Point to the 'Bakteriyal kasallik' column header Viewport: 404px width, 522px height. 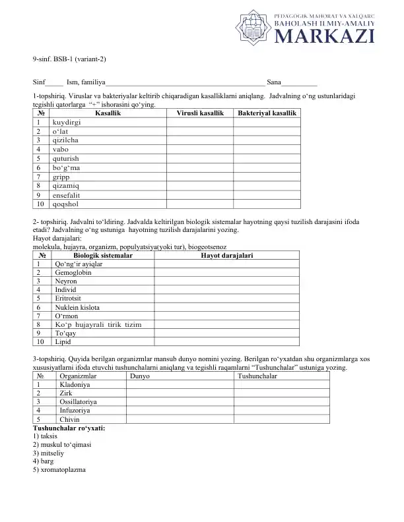coord(266,113)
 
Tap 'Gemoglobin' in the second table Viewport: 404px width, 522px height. coord(73,272)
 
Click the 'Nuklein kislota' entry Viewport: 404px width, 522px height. coord(78,307)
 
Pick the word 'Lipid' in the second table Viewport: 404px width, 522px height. coord(63,342)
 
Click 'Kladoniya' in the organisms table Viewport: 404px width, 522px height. coord(75,384)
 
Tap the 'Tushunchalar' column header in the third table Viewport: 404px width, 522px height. coord(257,376)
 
